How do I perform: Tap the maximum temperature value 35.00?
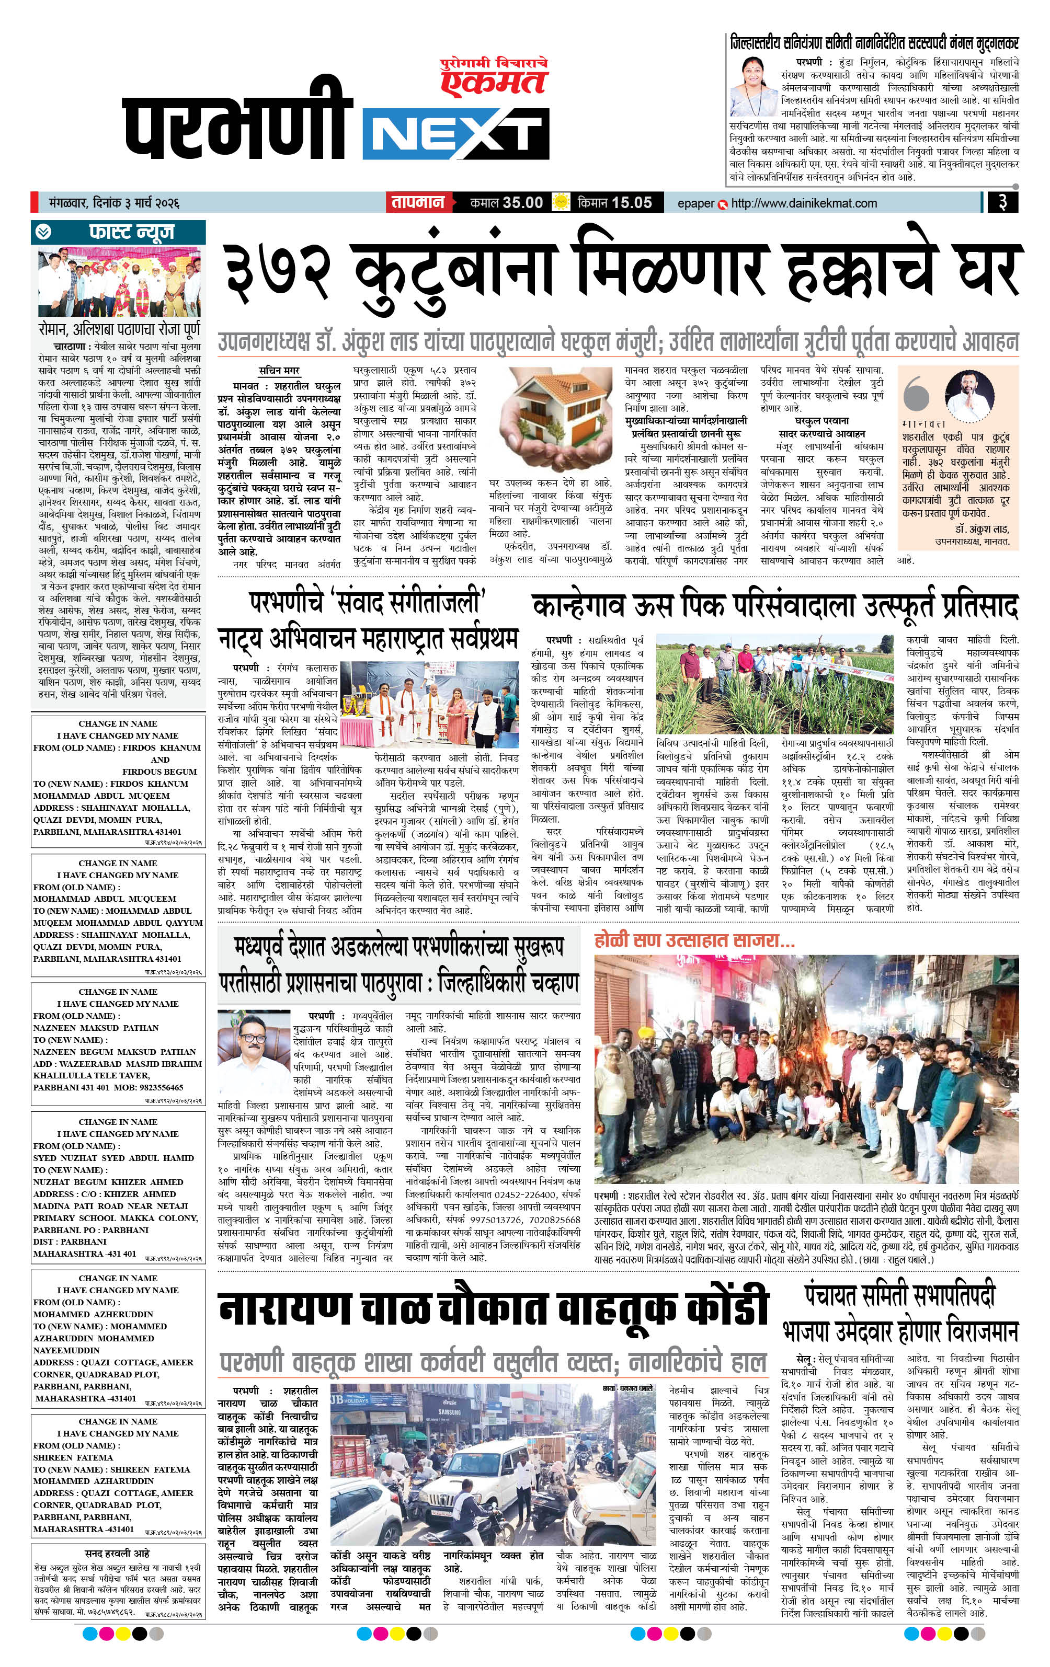(523, 203)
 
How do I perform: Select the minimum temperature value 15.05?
(632, 203)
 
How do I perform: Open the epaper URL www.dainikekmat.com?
(803, 203)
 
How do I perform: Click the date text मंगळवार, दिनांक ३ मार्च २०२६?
(109, 203)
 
